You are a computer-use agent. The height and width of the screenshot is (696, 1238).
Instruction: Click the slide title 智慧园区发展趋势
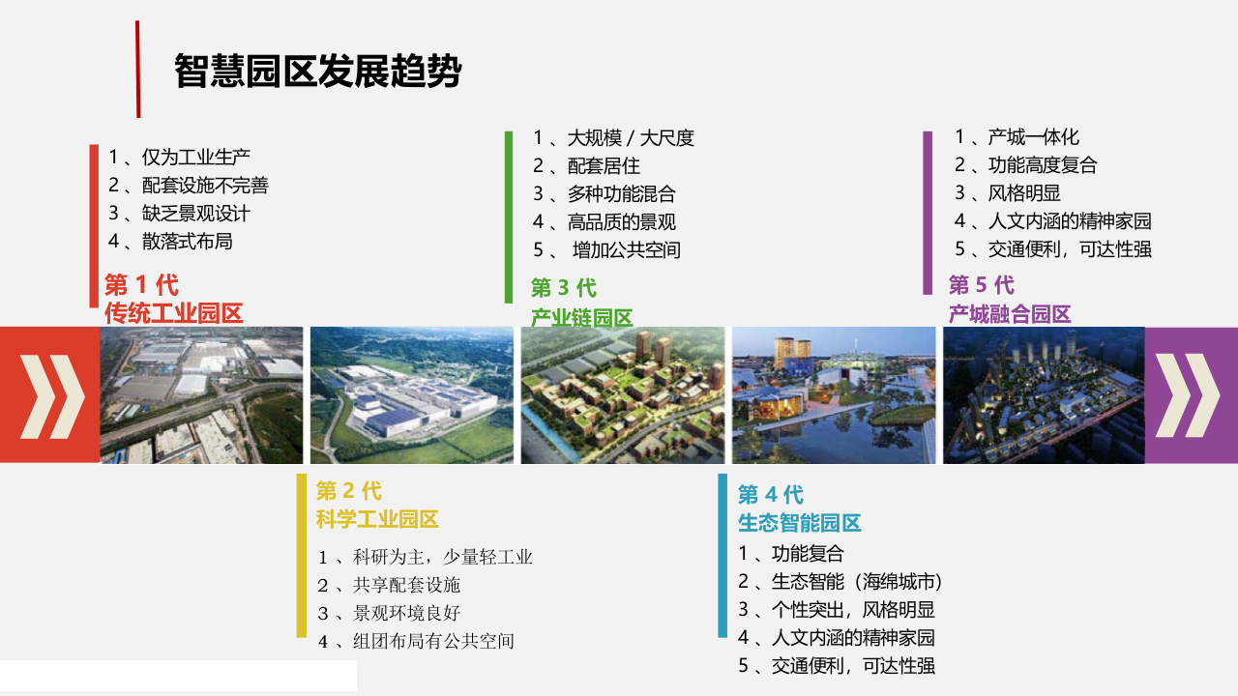tap(317, 72)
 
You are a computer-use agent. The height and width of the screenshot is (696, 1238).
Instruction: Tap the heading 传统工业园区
tap(173, 313)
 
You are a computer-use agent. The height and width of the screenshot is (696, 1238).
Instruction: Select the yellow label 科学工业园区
tap(377, 519)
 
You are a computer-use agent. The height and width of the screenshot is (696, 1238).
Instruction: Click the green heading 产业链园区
tap(581, 317)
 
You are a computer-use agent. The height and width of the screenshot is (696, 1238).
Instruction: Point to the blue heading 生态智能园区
tap(799, 523)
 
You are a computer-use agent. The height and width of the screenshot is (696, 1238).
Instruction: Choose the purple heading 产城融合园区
tap(1010, 313)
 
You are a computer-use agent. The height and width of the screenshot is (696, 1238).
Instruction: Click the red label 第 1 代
tap(141, 285)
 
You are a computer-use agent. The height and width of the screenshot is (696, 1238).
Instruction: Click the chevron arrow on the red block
tap(50, 395)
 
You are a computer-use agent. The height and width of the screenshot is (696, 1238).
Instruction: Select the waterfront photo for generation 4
tap(834, 395)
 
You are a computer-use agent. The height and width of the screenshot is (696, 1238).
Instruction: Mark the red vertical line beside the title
tap(137, 70)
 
